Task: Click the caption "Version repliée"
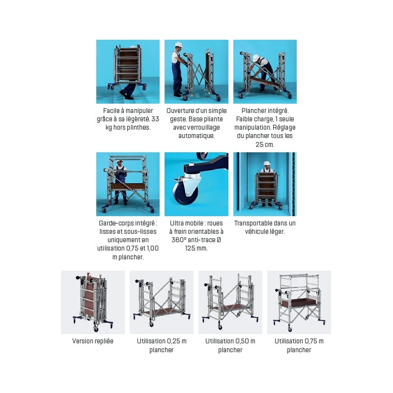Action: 93,341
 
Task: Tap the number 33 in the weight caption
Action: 155,119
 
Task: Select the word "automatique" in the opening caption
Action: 196,136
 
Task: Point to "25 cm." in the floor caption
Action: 265,144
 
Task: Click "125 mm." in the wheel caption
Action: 196,249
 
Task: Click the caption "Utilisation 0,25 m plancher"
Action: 162,345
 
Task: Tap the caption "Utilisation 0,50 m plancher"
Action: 230,345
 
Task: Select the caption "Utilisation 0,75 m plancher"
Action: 299,345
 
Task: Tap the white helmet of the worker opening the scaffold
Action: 178,45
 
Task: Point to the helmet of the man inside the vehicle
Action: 267,163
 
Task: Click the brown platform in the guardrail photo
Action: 128,187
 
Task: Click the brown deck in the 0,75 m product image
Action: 299,303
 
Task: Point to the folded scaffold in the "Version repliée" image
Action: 92,302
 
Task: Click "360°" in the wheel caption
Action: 179,240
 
